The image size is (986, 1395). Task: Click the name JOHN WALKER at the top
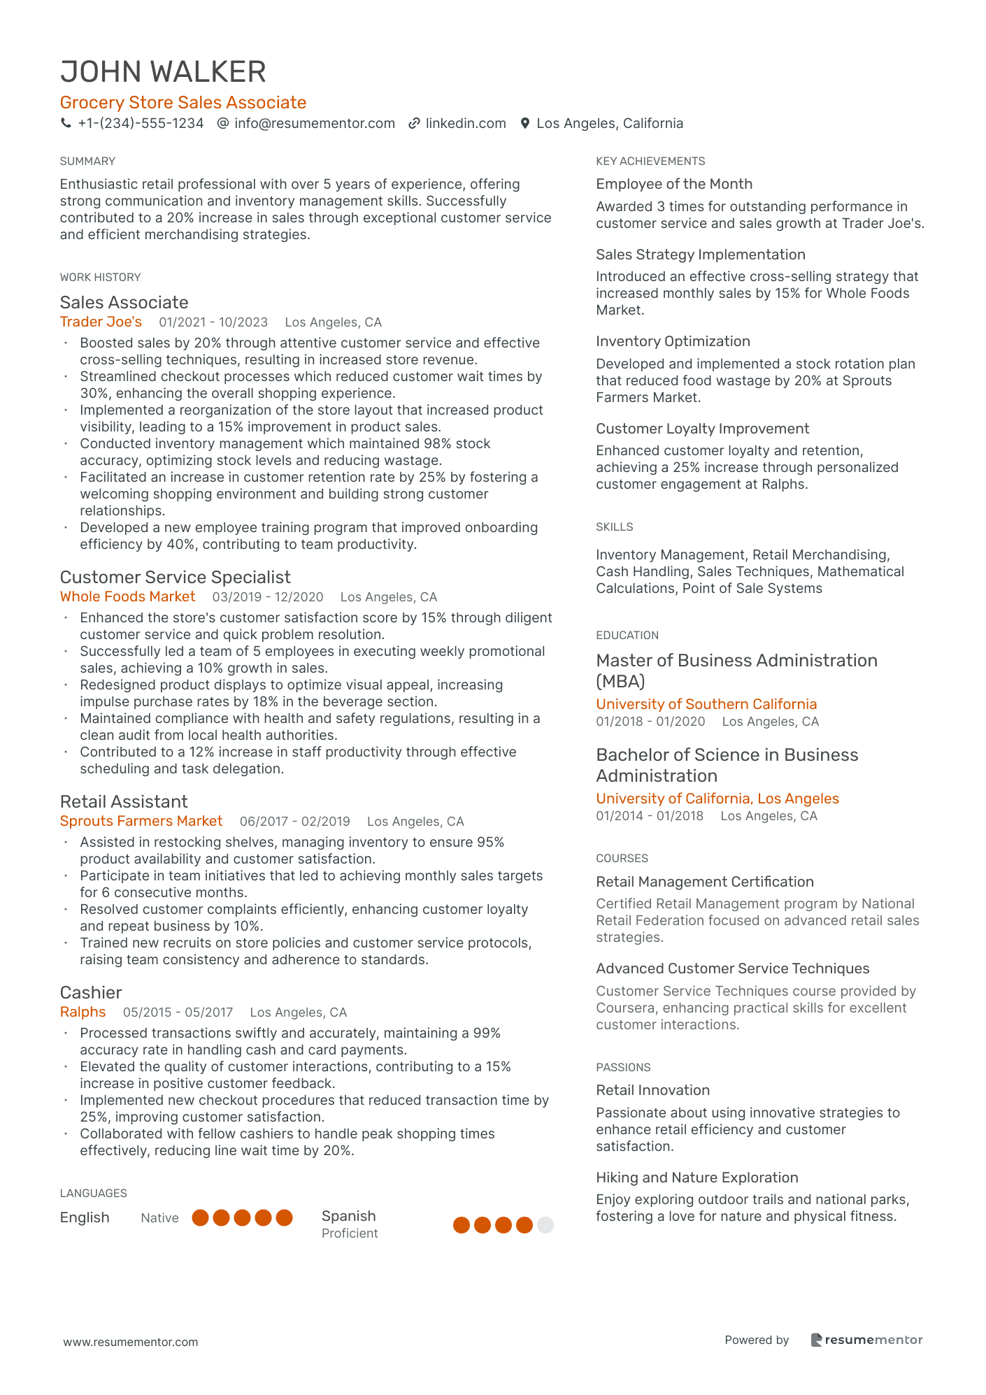click(163, 72)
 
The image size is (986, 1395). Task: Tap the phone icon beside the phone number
click(66, 123)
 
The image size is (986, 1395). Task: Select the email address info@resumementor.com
click(315, 123)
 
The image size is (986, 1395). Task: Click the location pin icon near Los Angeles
click(525, 123)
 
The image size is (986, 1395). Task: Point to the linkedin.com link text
click(466, 123)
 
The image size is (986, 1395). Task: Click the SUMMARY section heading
click(87, 161)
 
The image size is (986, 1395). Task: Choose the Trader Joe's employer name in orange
click(101, 322)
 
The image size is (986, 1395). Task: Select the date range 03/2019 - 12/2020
click(268, 597)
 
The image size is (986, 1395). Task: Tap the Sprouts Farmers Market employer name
click(141, 821)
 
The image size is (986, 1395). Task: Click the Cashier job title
click(91, 992)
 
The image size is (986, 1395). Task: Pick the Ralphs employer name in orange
click(83, 1012)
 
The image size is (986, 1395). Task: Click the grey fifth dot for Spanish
click(545, 1225)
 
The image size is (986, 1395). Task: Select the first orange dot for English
click(201, 1218)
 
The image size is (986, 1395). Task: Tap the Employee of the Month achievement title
click(674, 184)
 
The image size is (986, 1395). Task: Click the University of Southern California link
click(706, 704)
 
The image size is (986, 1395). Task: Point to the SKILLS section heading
click(615, 527)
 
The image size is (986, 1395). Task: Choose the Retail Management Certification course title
click(705, 882)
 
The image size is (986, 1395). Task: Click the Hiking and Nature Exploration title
click(697, 1178)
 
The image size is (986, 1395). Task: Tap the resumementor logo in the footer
click(866, 1340)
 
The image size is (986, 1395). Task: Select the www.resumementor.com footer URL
click(131, 1342)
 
